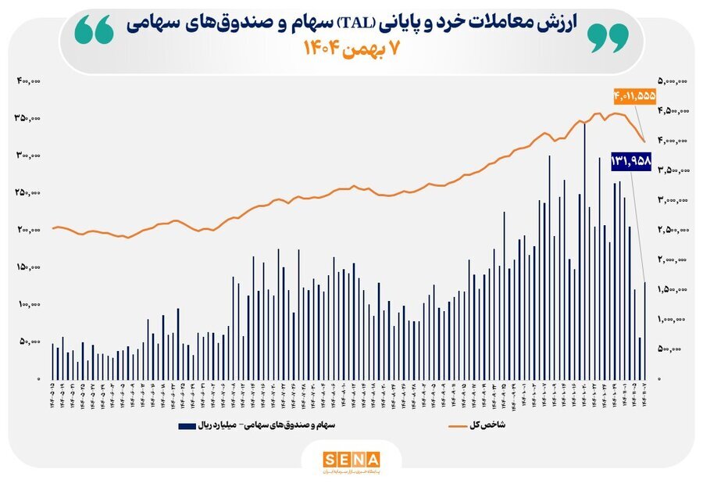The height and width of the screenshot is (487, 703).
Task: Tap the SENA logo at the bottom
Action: (x=351, y=460)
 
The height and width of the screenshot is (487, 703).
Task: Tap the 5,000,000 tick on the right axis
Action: (x=672, y=81)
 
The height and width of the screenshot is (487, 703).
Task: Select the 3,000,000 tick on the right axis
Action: (x=672, y=200)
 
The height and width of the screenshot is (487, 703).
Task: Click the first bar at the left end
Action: (x=52, y=361)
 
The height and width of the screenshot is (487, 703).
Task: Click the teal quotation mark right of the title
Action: (x=607, y=35)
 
